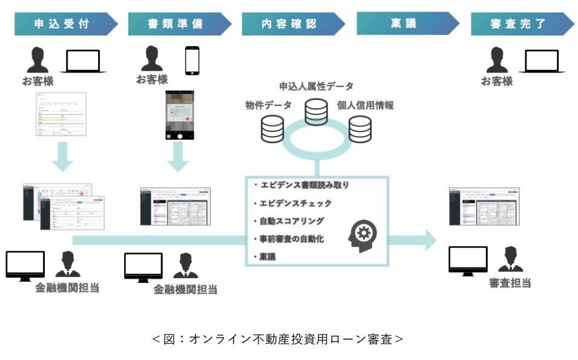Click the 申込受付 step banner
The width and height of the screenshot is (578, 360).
click(x=64, y=24)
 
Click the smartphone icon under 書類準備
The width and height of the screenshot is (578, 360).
click(x=192, y=61)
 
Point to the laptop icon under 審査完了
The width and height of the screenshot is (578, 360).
click(x=541, y=61)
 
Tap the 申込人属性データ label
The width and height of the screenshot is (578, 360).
click(x=316, y=87)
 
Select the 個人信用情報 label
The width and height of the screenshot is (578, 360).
click(x=366, y=105)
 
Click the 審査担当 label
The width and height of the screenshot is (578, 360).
click(x=510, y=283)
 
